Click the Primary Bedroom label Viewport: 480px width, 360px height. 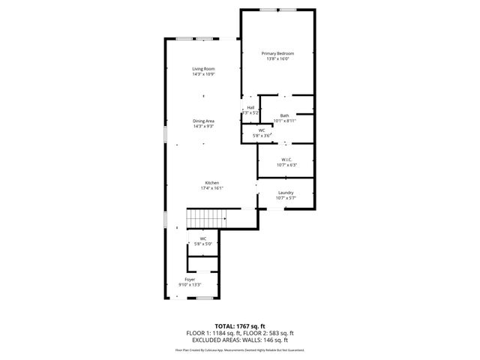[277, 53]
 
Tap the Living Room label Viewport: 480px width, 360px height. [203, 69]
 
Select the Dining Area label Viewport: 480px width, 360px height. [203, 121]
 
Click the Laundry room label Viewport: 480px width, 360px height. [285, 193]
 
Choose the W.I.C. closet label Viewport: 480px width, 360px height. [286, 159]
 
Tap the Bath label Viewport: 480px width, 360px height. [284, 115]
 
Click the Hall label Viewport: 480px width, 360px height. [250, 108]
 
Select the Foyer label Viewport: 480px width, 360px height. [190, 279]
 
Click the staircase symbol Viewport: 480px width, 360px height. [206, 219]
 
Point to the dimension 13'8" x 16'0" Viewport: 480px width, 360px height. [277, 59]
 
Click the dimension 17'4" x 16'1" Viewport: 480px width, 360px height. [212, 188]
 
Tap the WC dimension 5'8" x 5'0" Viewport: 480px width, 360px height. [203, 244]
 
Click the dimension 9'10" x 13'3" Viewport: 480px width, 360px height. [190, 284]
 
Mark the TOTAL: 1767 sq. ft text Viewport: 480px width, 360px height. [240, 326]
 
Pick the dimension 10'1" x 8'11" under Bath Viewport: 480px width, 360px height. [285, 120]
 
